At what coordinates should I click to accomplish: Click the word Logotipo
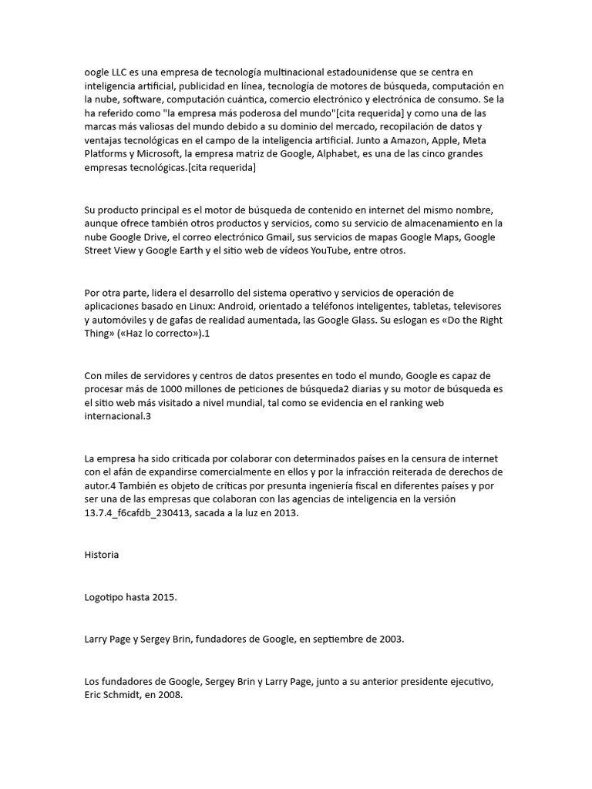(106, 597)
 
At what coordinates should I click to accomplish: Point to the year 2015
(164, 597)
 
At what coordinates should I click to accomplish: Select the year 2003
(388, 639)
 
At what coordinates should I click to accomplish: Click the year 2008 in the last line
(169, 694)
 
